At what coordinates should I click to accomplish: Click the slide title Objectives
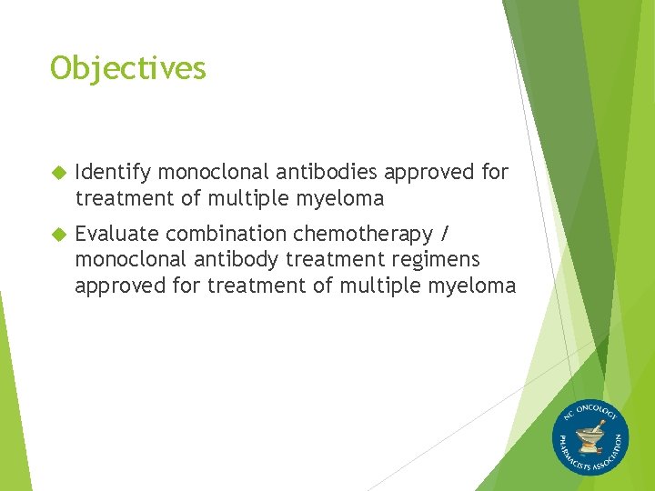[x=128, y=68]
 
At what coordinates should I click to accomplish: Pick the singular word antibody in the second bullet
[x=235, y=260]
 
